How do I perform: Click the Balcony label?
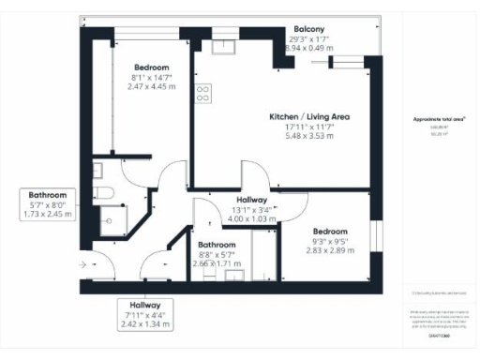click(x=309, y=28)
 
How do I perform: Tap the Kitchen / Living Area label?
click(x=309, y=116)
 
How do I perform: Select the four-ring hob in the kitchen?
click(x=202, y=93)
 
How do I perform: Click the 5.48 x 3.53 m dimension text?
click(x=309, y=136)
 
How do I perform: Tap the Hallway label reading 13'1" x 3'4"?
click(x=252, y=200)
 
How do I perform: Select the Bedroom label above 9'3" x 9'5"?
click(x=330, y=231)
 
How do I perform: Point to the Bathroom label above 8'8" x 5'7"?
click(x=217, y=244)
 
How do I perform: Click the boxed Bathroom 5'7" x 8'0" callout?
click(x=47, y=204)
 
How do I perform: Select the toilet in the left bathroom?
click(x=107, y=192)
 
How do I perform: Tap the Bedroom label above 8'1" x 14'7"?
click(x=151, y=67)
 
